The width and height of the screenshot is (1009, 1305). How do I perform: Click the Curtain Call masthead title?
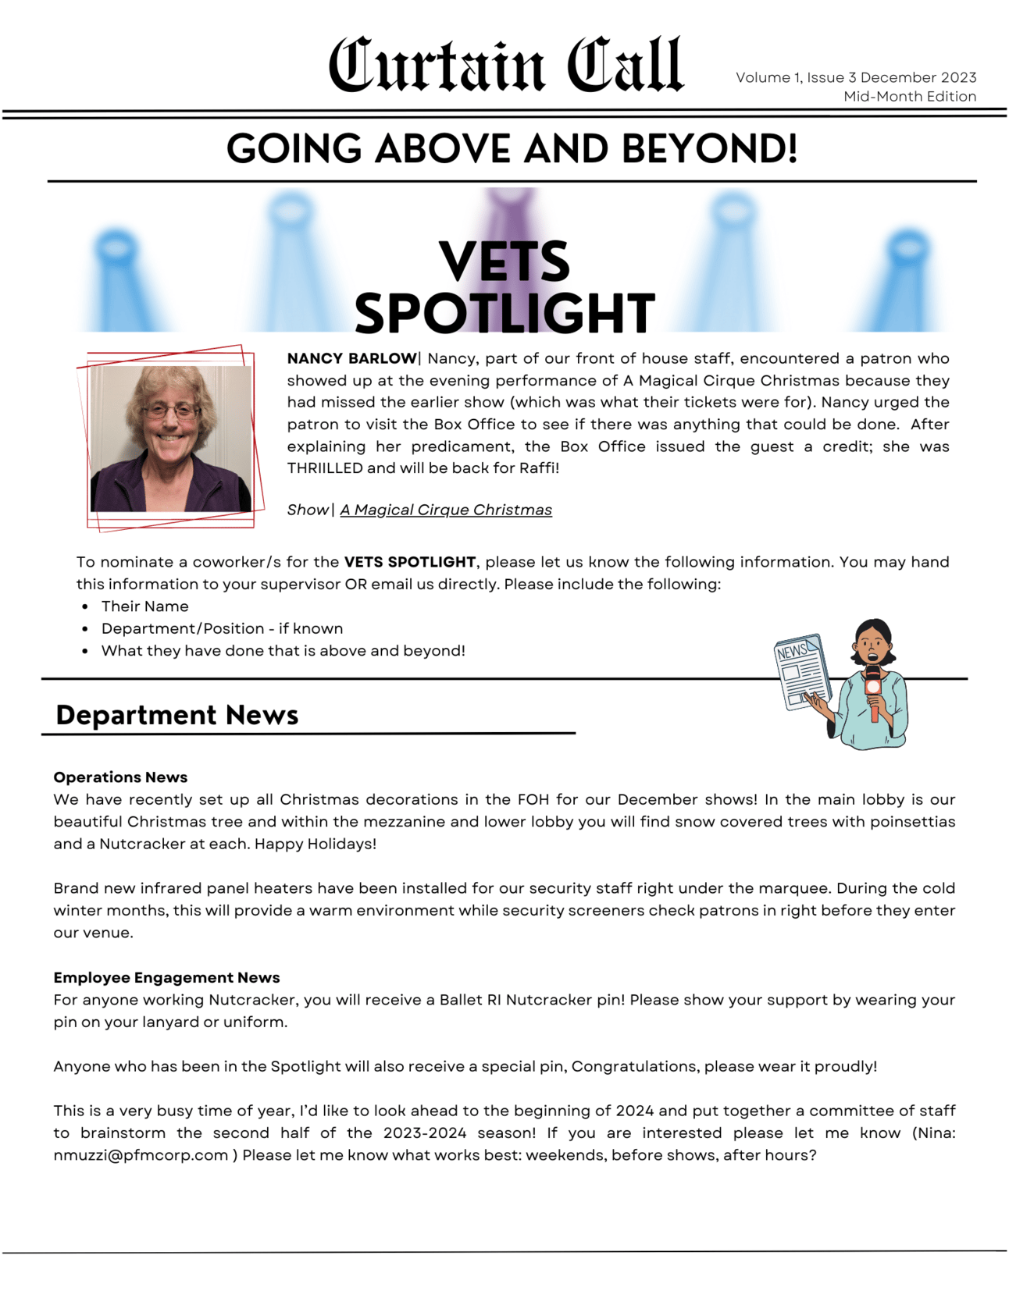point(505,65)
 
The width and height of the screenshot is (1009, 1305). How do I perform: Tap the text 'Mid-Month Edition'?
point(909,97)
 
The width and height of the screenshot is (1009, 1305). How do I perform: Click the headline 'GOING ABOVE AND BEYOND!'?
point(512,148)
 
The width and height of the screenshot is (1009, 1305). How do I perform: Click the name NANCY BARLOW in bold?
point(351,359)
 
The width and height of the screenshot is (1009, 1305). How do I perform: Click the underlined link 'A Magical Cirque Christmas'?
point(446,510)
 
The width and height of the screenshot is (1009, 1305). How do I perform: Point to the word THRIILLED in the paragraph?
point(325,468)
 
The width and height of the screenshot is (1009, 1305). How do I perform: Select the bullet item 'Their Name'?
point(144,606)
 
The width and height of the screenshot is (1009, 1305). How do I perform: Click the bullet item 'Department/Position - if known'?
point(222,629)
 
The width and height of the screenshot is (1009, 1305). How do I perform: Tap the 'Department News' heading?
point(177,715)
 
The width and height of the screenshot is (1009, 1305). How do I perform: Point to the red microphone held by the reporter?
point(873,691)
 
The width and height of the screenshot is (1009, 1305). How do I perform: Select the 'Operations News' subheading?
point(120,777)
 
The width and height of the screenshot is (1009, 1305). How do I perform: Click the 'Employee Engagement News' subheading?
point(166,978)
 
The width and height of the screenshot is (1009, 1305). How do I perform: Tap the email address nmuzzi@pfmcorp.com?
point(141,1155)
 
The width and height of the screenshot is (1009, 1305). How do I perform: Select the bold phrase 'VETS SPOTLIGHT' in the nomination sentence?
point(410,563)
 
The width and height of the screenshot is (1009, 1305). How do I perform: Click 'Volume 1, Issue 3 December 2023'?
point(855,78)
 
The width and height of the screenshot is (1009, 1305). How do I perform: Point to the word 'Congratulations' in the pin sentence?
point(634,1067)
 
